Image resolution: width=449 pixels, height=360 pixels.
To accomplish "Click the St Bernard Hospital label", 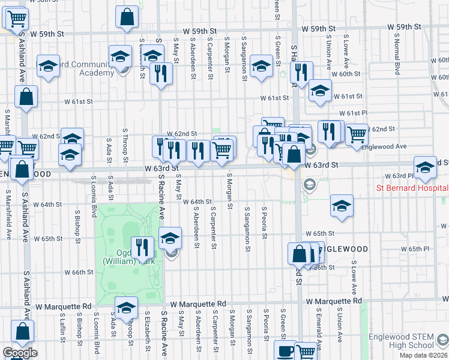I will (412, 187).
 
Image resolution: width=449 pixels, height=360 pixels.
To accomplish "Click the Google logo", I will (20, 353).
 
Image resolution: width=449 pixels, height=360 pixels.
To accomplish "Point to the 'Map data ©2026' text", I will (424, 355).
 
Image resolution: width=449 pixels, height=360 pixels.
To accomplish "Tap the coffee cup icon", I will (285, 350).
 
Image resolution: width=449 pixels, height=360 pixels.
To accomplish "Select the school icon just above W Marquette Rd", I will (126, 308).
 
